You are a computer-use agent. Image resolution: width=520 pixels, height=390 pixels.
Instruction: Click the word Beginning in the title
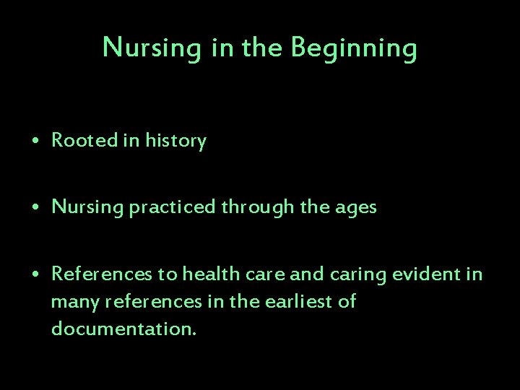click(354, 48)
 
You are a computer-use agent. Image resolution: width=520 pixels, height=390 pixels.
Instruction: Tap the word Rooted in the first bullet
click(84, 141)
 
